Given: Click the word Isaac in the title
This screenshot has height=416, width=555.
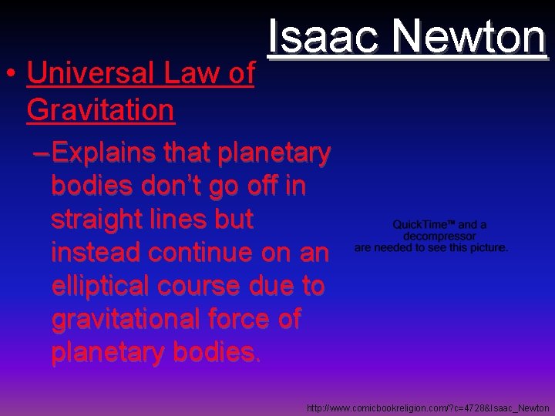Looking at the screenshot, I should (x=321, y=36).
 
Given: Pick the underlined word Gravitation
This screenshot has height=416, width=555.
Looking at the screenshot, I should (x=100, y=110).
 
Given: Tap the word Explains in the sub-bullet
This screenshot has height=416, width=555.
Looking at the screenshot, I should (x=109, y=153).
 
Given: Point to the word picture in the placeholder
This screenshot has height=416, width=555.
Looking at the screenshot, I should (x=484, y=248).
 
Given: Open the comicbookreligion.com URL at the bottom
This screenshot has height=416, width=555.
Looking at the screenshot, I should (x=428, y=408).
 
